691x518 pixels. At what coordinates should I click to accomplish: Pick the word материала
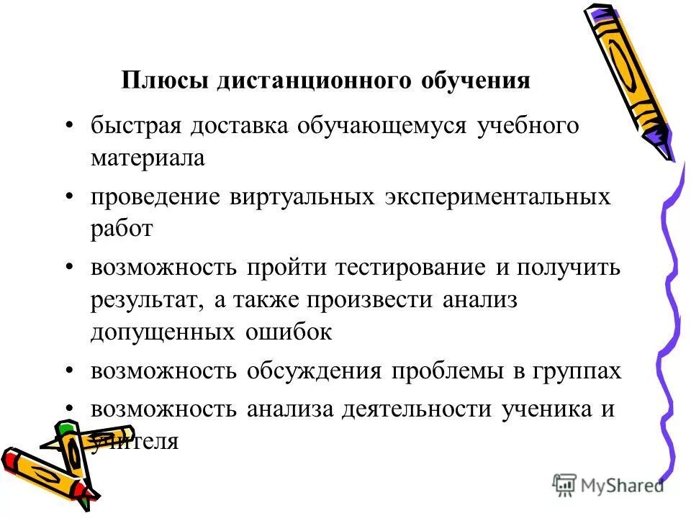[x=148, y=158]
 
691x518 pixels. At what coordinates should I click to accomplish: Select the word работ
[x=122, y=229]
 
